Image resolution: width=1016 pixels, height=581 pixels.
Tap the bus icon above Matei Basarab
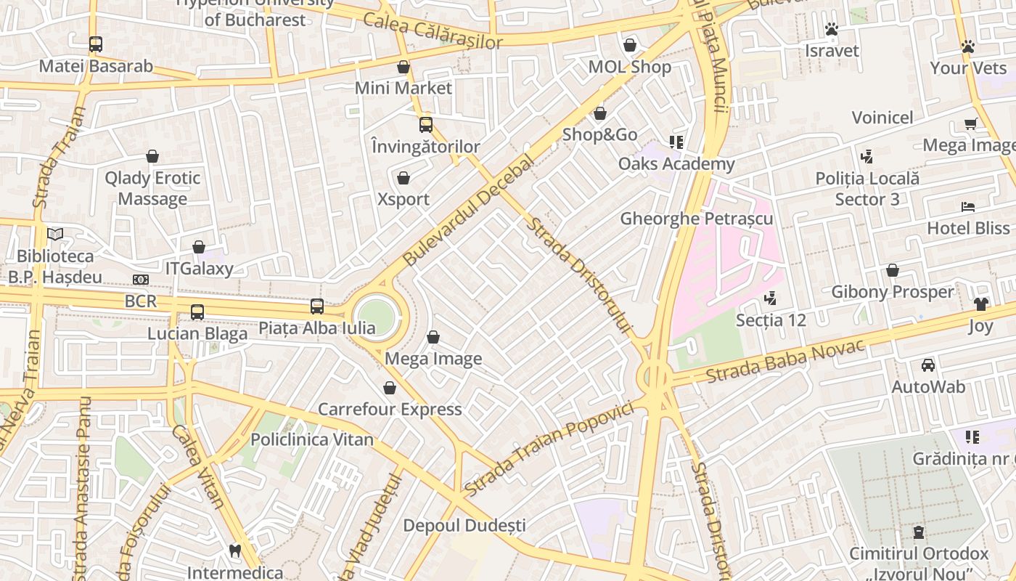point(96,44)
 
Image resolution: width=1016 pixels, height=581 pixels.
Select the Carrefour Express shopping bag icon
point(390,388)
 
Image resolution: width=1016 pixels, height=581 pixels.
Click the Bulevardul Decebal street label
point(467,211)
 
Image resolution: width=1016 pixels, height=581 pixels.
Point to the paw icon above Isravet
point(832,29)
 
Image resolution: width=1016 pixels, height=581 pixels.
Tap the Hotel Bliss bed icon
point(968,207)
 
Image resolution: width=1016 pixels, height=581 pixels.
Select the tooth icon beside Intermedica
point(234,551)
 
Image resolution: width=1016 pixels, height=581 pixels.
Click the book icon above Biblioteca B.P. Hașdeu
point(55,234)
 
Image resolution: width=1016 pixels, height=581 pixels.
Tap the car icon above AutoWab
point(928,365)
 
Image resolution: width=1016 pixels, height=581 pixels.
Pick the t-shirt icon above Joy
point(980,304)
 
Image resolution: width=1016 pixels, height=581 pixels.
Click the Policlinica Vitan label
point(312,439)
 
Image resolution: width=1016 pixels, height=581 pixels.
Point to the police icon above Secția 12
point(770,298)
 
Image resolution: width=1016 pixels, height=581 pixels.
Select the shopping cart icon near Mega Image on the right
point(970,123)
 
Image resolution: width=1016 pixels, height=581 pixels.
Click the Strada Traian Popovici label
point(548,450)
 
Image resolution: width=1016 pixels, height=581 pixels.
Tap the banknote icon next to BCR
point(141,280)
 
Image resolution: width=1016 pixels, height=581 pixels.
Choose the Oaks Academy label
point(676,164)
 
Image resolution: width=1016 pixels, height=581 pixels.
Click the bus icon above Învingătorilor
point(426,125)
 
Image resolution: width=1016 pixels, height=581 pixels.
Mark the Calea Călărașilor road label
point(433,32)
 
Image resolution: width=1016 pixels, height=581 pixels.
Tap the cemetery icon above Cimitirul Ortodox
point(919,532)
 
